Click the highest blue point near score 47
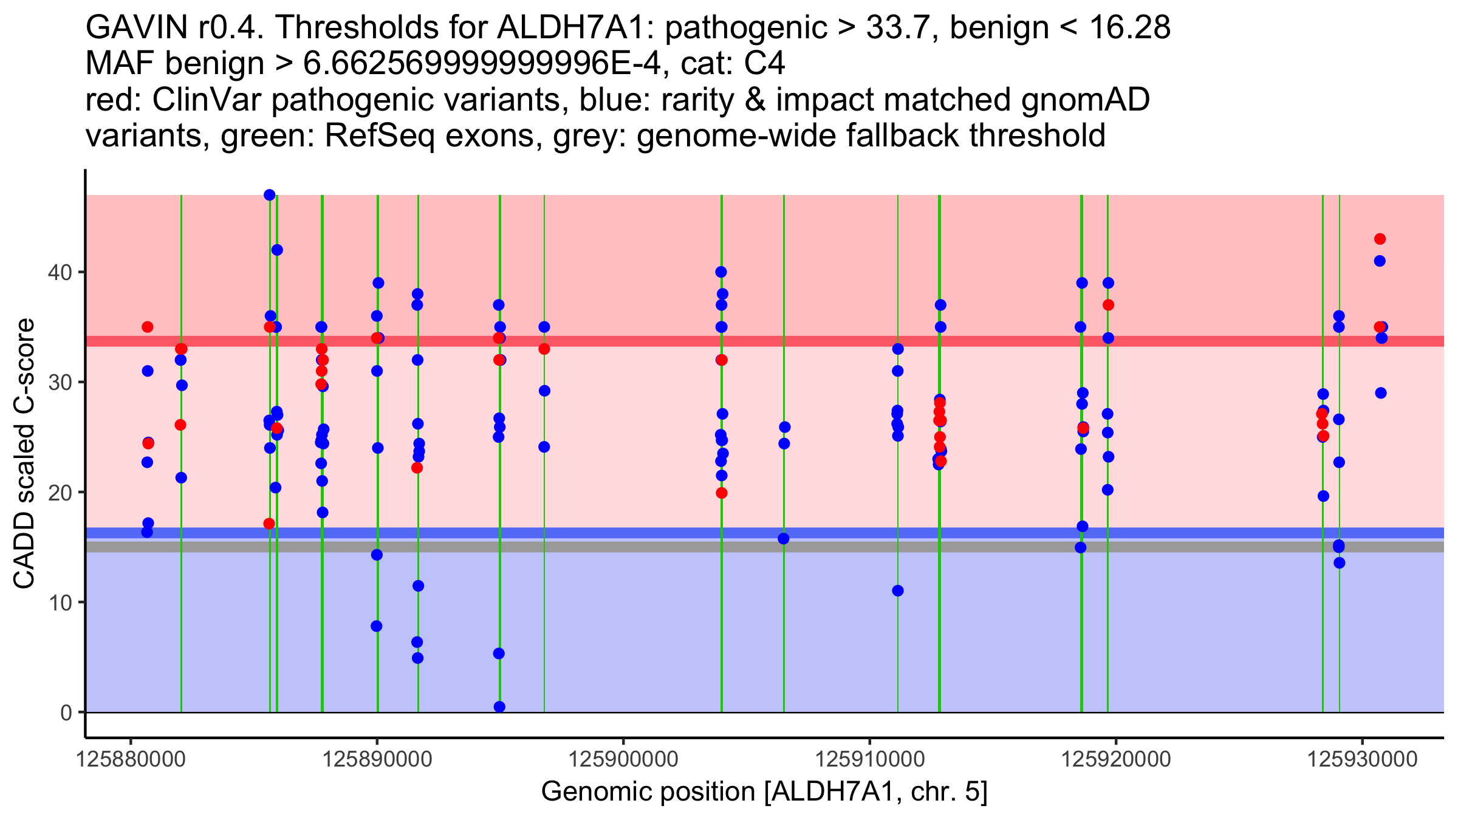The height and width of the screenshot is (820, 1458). (x=270, y=195)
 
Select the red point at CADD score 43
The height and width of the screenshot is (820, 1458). (x=1380, y=239)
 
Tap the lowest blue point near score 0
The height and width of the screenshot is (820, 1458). (x=499, y=706)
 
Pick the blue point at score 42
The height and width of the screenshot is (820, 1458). (x=277, y=250)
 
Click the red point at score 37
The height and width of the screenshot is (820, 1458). (x=1108, y=305)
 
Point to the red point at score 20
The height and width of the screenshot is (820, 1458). (x=722, y=493)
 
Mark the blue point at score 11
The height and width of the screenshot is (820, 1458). (x=898, y=590)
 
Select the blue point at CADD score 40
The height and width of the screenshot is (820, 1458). (x=721, y=272)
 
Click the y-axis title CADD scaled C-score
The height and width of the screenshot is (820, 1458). (x=24, y=454)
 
